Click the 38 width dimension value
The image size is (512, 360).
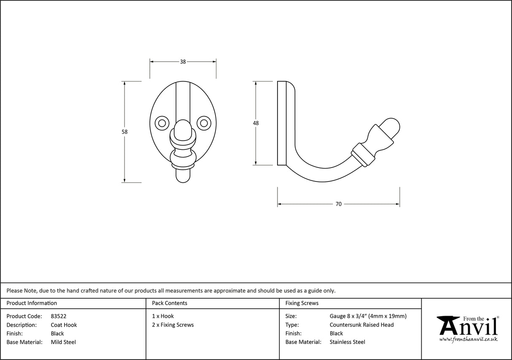coord(183,62)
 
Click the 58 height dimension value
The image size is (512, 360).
coord(124,132)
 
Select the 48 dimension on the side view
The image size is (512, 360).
coord(256,123)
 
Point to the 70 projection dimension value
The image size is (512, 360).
coord(338,204)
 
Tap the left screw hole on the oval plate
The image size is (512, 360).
coord(161,123)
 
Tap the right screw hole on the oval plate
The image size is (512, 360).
coord(204,123)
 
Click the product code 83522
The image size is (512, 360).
coord(58,316)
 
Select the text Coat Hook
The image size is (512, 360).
coord(64,325)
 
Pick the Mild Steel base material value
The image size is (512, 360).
coord(63,342)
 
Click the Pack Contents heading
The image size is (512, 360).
coord(170,303)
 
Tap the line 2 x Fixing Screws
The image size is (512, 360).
coord(173,325)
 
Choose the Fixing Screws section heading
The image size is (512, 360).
coord(302,303)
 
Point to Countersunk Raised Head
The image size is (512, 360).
coord(361,325)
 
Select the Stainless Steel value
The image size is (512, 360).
coord(347,342)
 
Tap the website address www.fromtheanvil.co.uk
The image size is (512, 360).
coord(468,339)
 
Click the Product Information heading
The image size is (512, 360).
coord(32,303)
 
